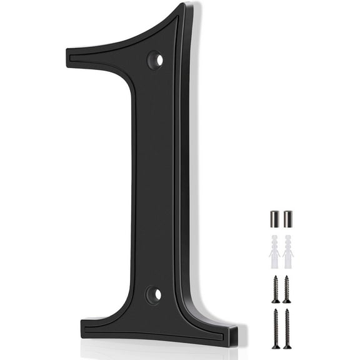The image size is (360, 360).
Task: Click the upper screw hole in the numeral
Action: coord(155,61)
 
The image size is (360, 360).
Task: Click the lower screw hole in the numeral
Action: coord(154,294)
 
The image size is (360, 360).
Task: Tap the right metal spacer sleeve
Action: coord(287,219)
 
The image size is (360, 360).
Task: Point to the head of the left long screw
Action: coord(276,311)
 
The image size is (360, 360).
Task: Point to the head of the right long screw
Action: coord(287,311)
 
